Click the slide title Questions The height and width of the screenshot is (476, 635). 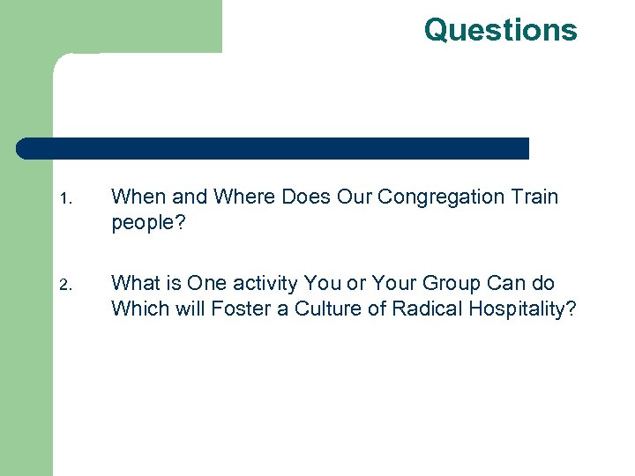pos(500,30)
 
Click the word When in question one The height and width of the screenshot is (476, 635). pos(135,197)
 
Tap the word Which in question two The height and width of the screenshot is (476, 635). pos(137,309)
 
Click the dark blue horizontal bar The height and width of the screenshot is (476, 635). pos(273,148)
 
